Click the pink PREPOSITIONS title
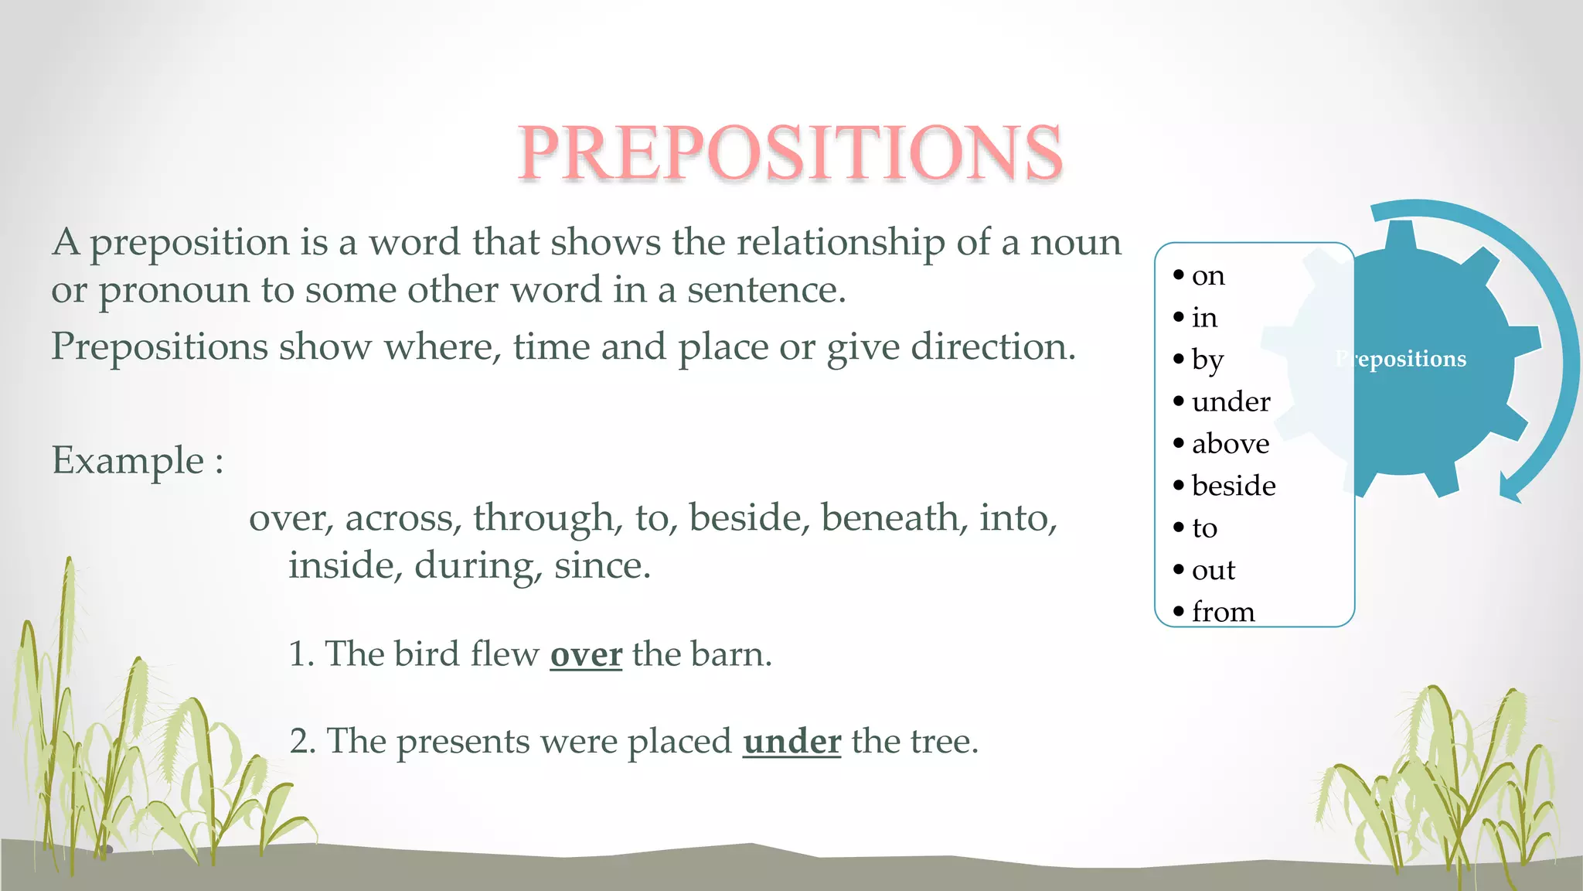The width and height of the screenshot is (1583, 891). tap(790, 152)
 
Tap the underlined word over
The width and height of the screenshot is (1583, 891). tap(586, 654)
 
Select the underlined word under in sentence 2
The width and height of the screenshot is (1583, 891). tap(791, 742)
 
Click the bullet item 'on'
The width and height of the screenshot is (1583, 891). tap(1208, 276)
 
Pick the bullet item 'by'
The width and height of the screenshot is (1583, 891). tap(1207, 360)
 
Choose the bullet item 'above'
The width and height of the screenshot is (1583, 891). tap(1230, 444)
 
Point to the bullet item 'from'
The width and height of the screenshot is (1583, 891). tap(1223, 612)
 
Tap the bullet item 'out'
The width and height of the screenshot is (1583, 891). tap(1214, 570)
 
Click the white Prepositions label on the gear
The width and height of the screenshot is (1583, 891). tap(1401, 359)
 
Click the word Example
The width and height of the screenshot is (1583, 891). tap(128, 461)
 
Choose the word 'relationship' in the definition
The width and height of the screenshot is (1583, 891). tap(841, 242)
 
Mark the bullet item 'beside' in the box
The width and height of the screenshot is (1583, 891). tap(1234, 486)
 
